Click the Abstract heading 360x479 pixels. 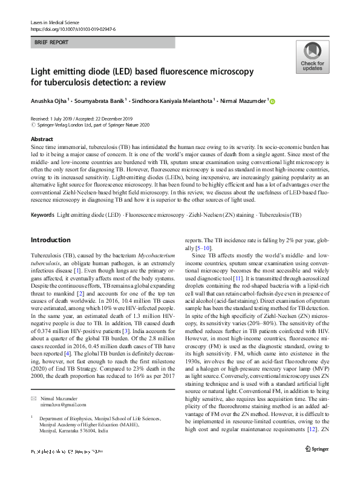42,139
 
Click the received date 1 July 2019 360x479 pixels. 62,119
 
